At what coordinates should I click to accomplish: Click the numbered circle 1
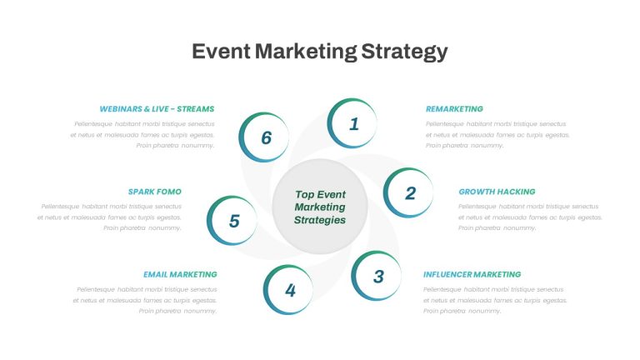(352, 123)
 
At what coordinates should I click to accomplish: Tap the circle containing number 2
(408, 192)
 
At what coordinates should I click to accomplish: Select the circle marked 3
(377, 276)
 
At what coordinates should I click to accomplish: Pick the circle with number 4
(288, 290)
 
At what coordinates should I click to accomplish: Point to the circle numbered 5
(232, 220)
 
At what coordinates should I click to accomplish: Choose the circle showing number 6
(264, 137)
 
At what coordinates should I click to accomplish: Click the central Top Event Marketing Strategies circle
(320, 207)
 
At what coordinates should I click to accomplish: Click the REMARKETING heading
(454, 109)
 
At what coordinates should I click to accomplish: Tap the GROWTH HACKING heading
(497, 192)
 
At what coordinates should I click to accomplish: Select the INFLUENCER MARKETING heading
(472, 274)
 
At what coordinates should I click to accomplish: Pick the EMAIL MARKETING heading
(180, 274)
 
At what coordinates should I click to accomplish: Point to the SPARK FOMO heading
(155, 192)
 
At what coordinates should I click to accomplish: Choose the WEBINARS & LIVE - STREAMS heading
(157, 109)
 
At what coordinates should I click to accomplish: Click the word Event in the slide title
(221, 52)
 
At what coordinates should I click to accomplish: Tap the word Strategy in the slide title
(404, 52)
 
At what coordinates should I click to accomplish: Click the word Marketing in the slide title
(306, 52)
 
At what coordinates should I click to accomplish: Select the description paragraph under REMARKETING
(497, 135)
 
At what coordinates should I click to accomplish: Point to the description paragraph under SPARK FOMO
(109, 217)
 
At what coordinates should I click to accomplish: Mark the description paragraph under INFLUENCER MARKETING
(495, 300)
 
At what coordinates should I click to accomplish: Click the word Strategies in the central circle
(320, 220)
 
